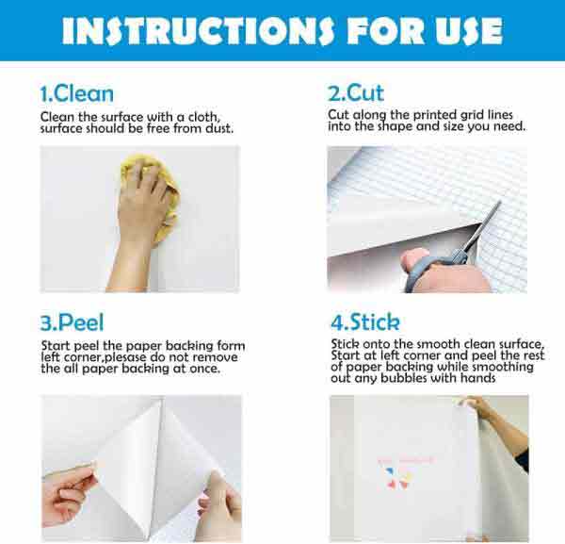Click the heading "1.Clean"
76,93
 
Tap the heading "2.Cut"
356,93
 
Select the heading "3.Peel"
71,323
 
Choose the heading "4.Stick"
364,322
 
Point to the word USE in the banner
462,31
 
